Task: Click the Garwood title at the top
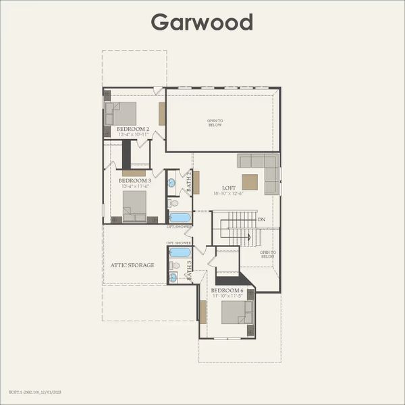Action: pos(202,22)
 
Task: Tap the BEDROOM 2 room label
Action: pos(133,128)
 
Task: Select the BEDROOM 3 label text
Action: pos(134,181)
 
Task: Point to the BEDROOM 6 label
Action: pos(227,290)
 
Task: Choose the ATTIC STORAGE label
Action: pos(132,265)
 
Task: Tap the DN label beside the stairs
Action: pos(261,219)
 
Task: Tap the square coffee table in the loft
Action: pos(249,182)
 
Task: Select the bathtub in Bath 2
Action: pos(180,217)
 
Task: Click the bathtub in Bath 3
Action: pos(180,252)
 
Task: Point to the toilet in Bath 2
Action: pos(173,202)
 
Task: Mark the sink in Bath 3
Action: pos(173,277)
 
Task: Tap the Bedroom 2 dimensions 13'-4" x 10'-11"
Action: pos(133,134)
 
